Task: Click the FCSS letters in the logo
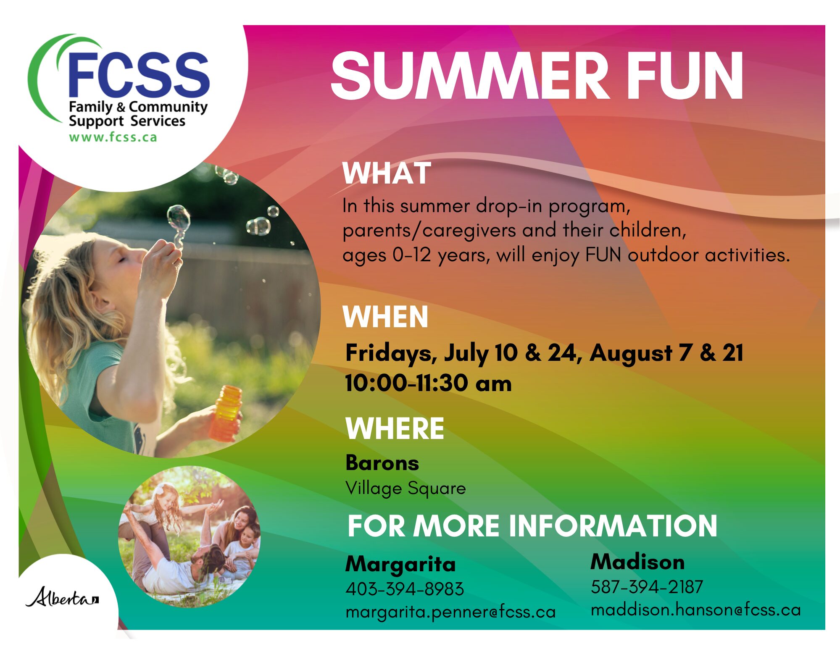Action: coord(138,74)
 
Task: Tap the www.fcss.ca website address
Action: coord(113,137)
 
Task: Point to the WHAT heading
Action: coord(387,173)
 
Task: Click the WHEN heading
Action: coord(385,317)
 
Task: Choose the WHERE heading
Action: coord(395,428)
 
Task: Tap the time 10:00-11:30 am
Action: coord(428,383)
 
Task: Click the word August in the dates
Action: coord(631,354)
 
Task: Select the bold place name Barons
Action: coord(382,463)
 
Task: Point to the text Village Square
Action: coord(406,489)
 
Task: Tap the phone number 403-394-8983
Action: coord(405,589)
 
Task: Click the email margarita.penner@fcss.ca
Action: coord(450,612)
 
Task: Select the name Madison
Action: coord(637,562)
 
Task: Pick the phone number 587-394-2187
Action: coord(647,587)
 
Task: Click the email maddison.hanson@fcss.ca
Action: coord(695,610)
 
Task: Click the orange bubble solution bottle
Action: coord(226,413)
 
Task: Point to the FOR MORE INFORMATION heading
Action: coord(532,526)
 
